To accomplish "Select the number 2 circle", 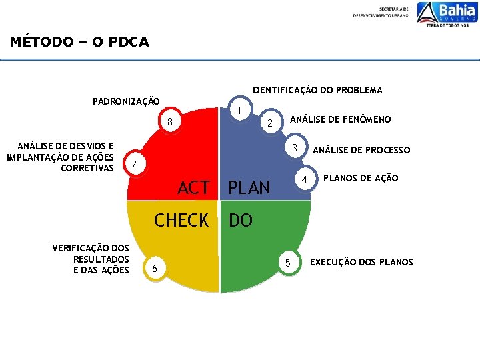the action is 269,123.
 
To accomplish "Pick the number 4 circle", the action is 304,181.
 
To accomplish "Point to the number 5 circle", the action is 287,263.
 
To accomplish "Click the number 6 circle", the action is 155,268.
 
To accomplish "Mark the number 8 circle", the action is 170,123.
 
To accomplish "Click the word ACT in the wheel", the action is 193,189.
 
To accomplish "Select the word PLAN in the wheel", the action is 249,189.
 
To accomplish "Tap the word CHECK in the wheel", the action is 181,221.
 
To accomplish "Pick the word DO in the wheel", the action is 241,221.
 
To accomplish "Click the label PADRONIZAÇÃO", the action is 126,102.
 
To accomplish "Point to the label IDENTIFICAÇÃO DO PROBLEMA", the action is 317,90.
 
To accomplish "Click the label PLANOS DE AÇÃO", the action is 361,178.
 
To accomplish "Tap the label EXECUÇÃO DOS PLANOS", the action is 361,262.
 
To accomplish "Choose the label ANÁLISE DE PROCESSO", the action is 361,150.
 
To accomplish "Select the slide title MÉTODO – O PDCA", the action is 79,42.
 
